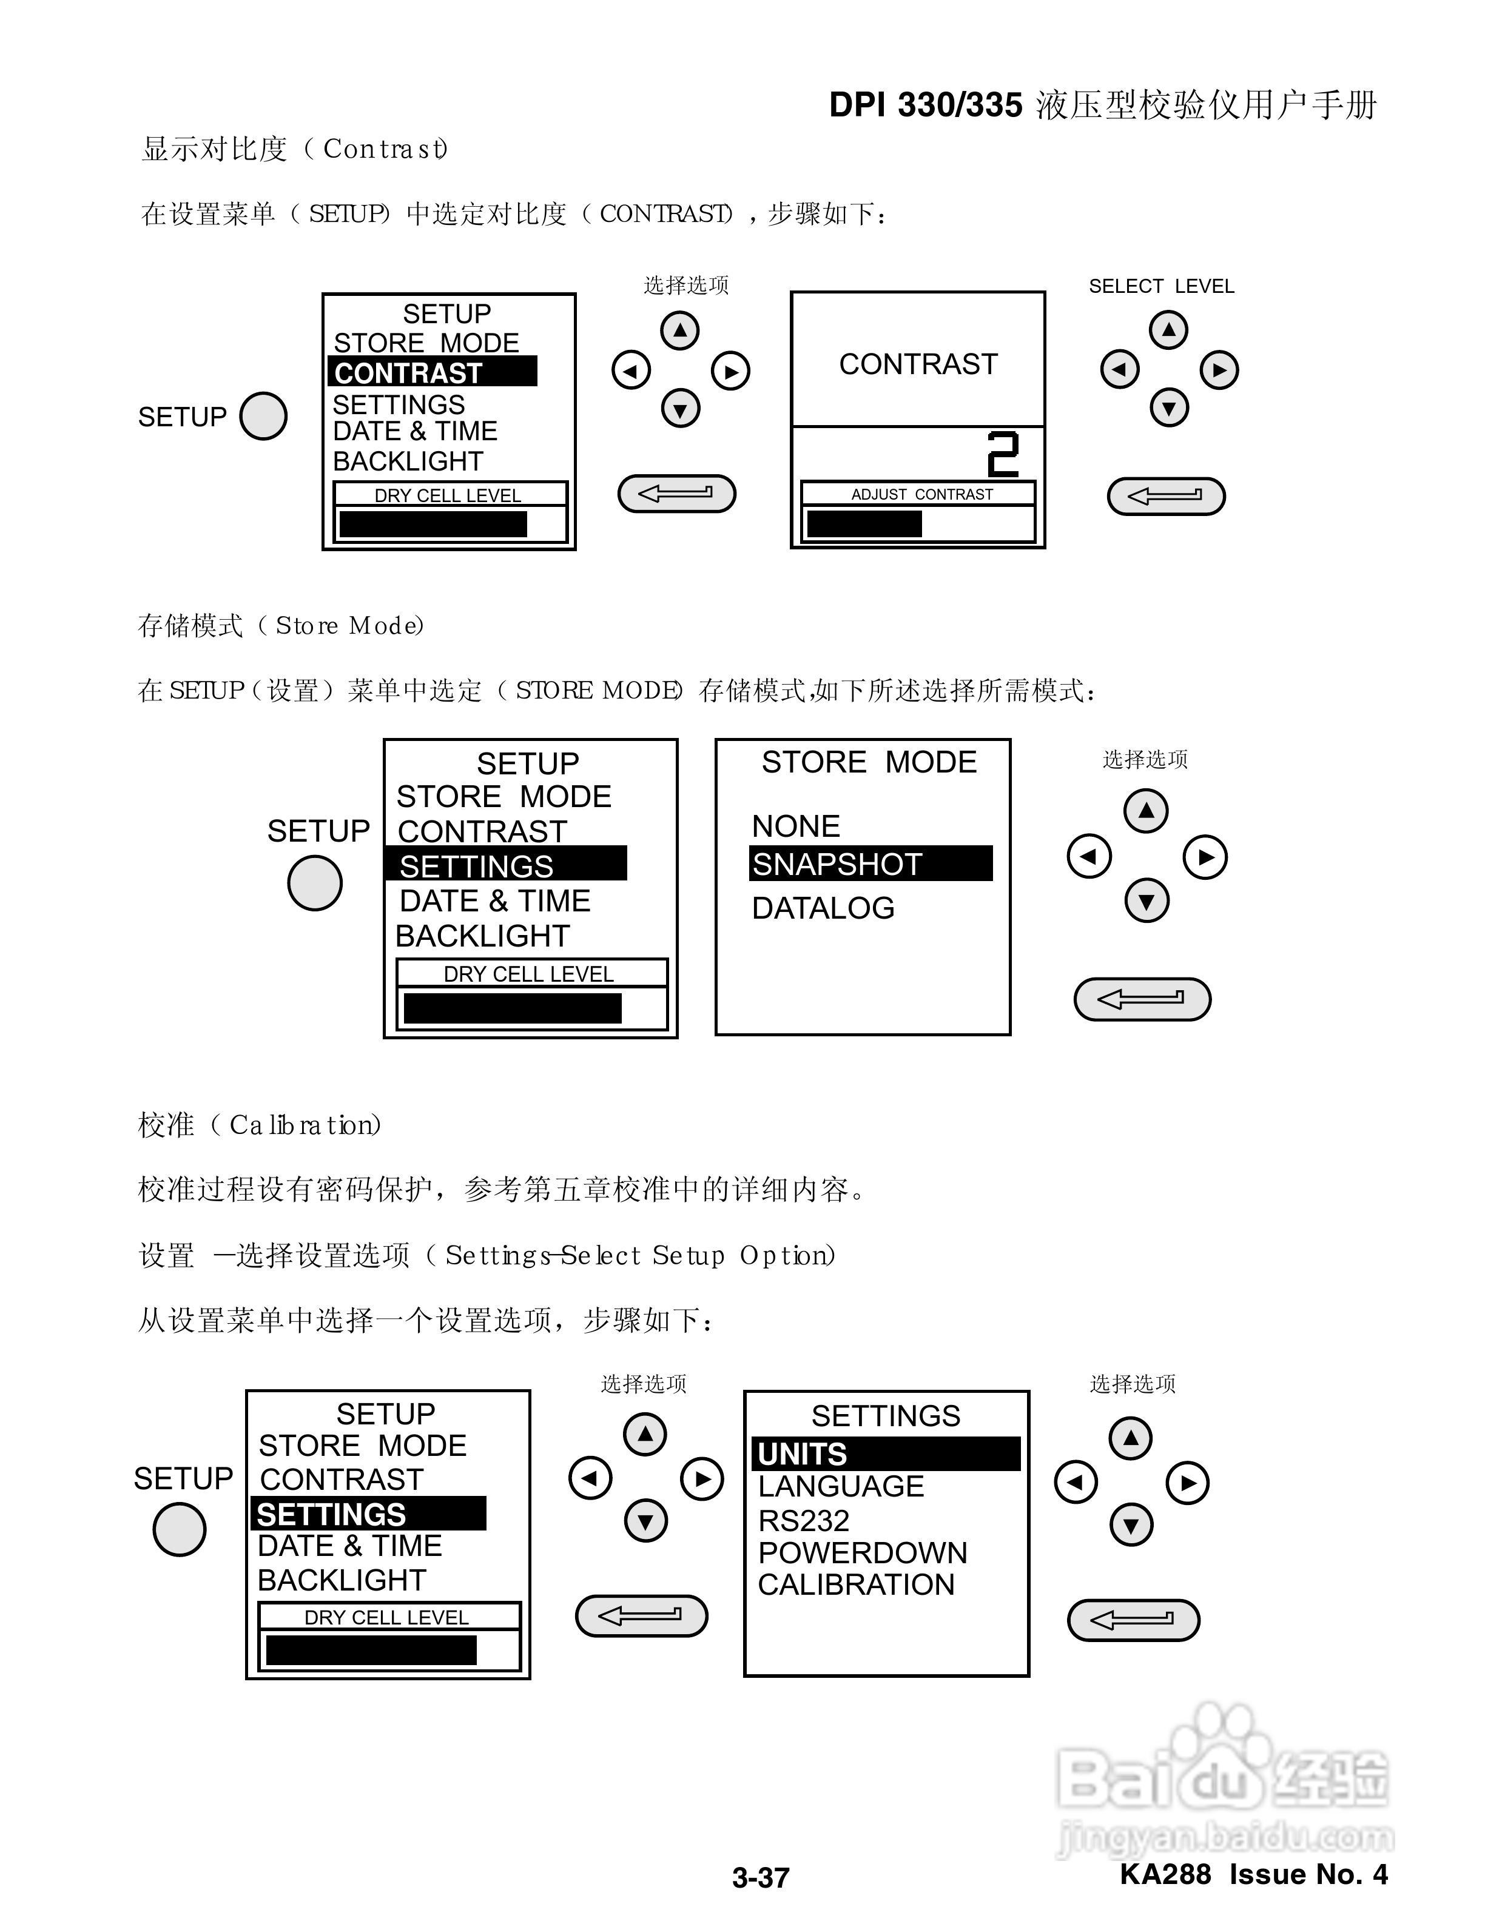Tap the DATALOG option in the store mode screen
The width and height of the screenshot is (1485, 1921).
[823, 908]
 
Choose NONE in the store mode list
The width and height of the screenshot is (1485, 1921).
[795, 826]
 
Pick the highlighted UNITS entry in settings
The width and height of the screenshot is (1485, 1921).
[803, 1454]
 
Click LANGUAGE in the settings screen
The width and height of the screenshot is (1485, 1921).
[840, 1486]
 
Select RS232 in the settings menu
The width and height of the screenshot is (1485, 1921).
[803, 1521]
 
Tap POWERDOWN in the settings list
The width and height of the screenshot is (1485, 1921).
[862, 1552]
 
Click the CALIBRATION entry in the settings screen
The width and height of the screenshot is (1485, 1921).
[855, 1584]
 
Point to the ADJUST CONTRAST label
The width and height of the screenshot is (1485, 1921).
[921, 494]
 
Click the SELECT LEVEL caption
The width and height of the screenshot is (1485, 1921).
[1161, 286]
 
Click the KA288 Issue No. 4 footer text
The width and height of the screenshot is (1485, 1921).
[1254, 1874]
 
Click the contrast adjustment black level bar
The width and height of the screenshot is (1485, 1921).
[864, 525]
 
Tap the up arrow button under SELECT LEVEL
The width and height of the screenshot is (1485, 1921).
[1168, 330]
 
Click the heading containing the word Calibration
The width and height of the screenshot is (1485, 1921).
[260, 1125]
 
